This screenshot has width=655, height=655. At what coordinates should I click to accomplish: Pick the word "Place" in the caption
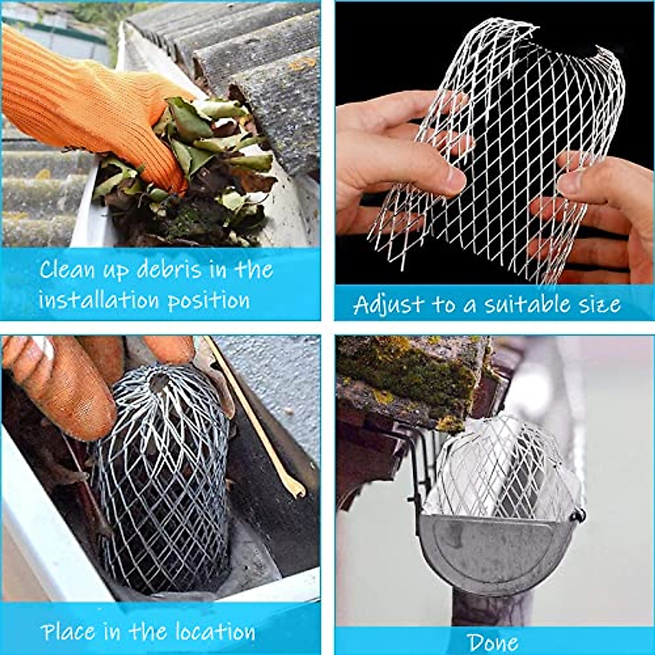[x=69, y=632]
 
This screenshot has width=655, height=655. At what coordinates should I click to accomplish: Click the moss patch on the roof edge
[x=415, y=371]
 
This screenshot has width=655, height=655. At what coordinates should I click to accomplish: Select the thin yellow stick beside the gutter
[x=257, y=420]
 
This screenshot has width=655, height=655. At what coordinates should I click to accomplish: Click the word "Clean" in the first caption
[x=65, y=270]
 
